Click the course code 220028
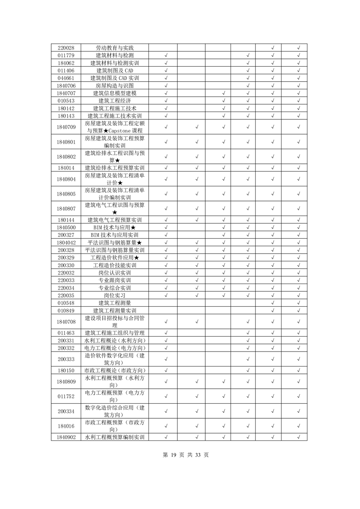click(66, 48)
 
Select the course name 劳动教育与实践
click(115, 48)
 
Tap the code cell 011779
click(66, 55)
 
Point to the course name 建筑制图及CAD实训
click(115, 78)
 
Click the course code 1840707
click(66, 93)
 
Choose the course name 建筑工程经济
click(115, 101)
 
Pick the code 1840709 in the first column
click(66, 127)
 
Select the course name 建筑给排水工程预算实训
click(115, 168)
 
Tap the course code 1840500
click(66, 227)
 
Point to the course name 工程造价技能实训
click(115, 265)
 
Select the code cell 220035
click(66, 295)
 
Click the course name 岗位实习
click(115, 295)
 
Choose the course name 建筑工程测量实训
click(115, 310)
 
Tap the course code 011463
click(66, 333)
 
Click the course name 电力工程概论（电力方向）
click(115, 348)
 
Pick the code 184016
click(66, 426)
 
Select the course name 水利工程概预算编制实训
click(115, 437)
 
